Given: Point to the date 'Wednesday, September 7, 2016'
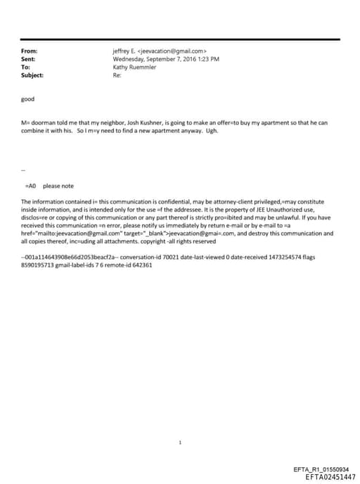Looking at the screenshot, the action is [x=152, y=59].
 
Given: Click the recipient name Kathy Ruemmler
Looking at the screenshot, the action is [x=134, y=67].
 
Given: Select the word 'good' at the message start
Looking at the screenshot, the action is [x=28, y=99].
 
